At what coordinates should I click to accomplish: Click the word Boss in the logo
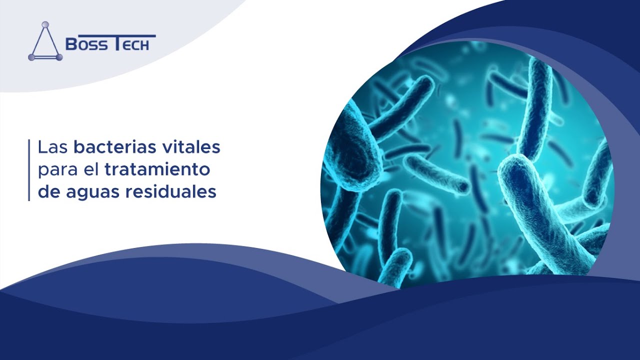tap(86, 44)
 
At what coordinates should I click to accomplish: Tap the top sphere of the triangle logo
tap(45, 25)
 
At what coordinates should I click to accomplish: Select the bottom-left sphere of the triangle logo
tap(31, 57)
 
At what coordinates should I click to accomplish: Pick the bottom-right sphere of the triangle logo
tap(59, 57)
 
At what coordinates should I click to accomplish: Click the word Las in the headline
tap(53, 147)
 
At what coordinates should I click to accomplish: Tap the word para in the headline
tap(58, 170)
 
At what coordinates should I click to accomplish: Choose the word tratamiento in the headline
tap(157, 169)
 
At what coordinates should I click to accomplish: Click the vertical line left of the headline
tap(29, 170)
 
